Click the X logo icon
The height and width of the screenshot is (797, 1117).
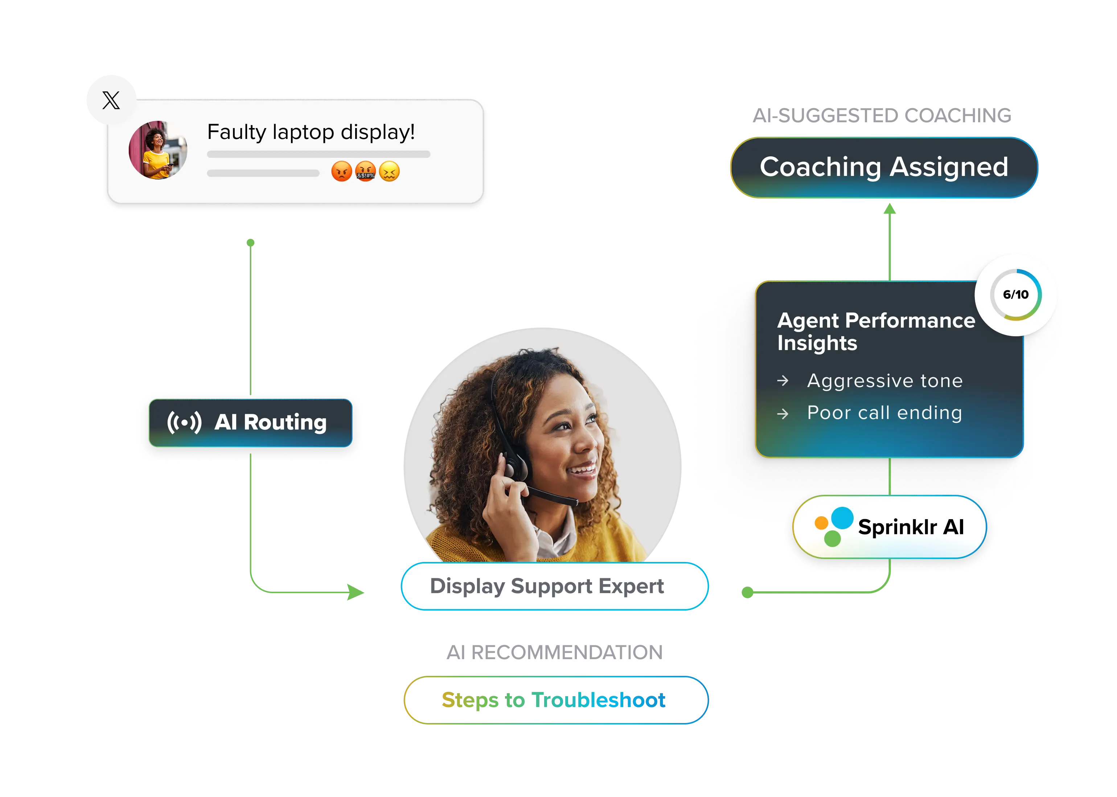(x=111, y=100)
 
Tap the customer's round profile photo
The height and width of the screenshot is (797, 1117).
(x=157, y=150)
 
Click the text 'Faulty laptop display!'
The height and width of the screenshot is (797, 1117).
(x=311, y=132)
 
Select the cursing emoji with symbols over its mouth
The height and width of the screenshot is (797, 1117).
(x=365, y=171)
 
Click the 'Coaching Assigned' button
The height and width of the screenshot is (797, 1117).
(x=883, y=167)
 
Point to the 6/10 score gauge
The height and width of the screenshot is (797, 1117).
(x=1015, y=295)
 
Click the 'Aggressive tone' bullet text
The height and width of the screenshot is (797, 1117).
(x=884, y=381)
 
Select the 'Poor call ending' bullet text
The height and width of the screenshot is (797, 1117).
(x=884, y=413)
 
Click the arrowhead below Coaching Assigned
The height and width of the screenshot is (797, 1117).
(x=889, y=210)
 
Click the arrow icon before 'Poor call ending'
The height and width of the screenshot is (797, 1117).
(x=783, y=414)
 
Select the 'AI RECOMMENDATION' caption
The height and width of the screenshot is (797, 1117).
(x=555, y=653)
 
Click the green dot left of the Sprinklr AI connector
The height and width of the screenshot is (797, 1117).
(x=747, y=593)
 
